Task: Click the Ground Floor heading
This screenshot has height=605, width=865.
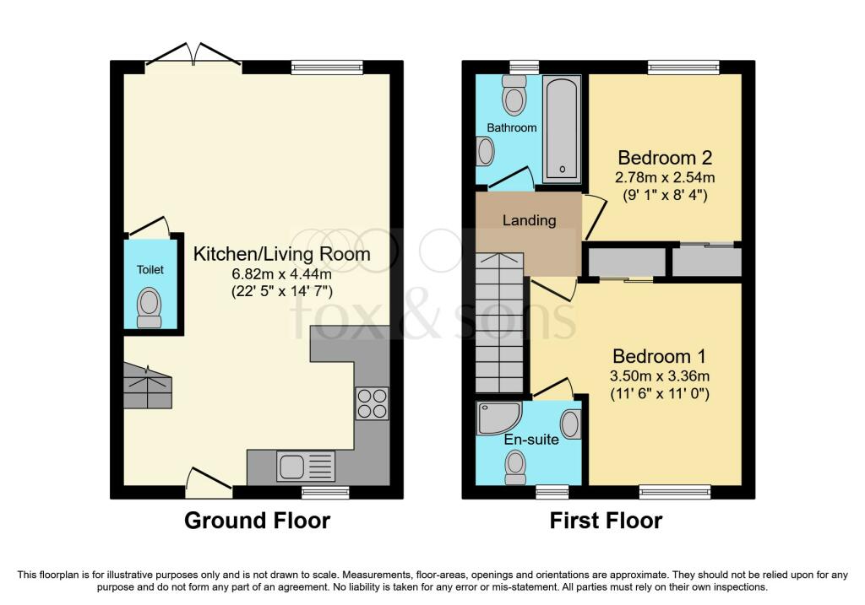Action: (x=257, y=521)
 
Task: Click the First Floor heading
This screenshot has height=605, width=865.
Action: (x=606, y=521)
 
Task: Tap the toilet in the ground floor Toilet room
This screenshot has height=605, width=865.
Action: (x=149, y=308)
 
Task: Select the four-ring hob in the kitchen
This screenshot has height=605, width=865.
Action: (x=372, y=404)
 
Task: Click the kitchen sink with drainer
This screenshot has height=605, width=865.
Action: (x=306, y=466)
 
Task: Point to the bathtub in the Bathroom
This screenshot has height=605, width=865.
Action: (x=562, y=129)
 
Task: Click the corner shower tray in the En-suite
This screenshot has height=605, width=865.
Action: (x=499, y=419)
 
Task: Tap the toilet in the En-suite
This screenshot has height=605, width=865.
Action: (x=515, y=467)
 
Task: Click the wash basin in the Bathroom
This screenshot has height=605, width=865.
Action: (x=485, y=152)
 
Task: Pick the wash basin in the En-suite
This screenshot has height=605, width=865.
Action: (x=570, y=424)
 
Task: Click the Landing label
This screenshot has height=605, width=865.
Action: (x=529, y=220)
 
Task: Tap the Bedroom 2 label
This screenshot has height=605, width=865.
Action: (x=665, y=158)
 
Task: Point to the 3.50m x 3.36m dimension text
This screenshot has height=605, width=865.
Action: (x=659, y=376)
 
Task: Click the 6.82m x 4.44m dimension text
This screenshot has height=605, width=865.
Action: (x=281, y=274)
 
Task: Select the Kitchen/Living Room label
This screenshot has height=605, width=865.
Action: (x=281, y=254)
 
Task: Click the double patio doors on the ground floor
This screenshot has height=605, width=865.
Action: (x=193, y=58)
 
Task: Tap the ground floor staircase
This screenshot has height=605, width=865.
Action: (x=147, y=386)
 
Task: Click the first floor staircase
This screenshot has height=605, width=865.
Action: (x=499, y=322)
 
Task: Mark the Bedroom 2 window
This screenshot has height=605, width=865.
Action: (x=683, y=68)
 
